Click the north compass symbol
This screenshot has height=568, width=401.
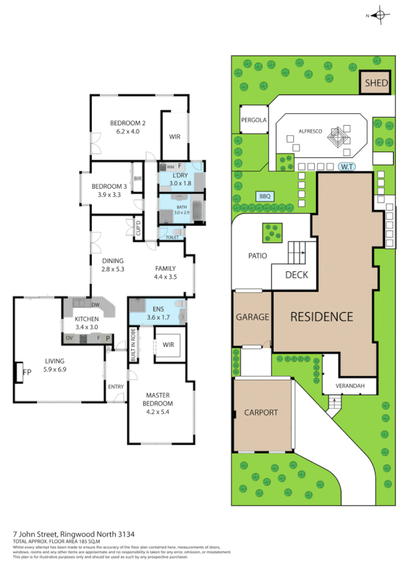(379, 15)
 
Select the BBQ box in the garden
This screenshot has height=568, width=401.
(263, 196)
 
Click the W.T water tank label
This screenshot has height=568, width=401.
(346, 166)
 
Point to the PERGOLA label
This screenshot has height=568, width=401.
(254, 121)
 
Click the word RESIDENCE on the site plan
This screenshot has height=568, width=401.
(321, 317)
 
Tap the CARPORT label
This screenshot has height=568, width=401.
(261, 413)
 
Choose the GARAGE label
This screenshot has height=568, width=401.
(252, 317)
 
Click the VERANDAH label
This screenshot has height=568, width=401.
(349, 386)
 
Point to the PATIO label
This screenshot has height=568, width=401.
(257, 256)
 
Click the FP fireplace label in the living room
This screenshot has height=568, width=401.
(27, 372)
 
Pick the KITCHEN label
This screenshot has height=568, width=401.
(87, 319)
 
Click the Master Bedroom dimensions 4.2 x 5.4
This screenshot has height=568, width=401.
(158, 413)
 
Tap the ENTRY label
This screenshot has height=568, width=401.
(116, 386)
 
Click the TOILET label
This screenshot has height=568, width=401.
(171, 237)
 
